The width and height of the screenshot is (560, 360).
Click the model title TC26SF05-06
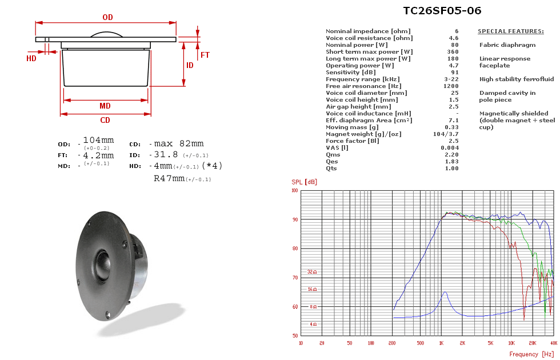442,11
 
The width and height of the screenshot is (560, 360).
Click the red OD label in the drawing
107,17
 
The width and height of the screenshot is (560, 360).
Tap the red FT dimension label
205,55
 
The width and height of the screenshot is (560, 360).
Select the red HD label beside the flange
31,58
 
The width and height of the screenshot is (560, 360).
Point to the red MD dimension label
105,106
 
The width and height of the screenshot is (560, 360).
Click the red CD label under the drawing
105,121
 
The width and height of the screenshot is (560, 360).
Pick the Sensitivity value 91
455,73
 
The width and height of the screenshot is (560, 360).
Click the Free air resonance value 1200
451,86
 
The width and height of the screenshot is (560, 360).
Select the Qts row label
331,168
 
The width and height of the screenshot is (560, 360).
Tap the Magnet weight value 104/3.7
446,134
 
